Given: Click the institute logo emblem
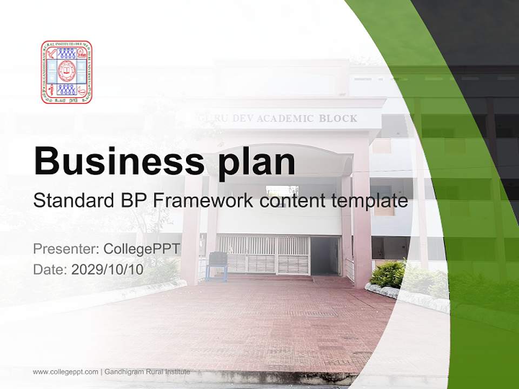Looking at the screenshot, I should pos(66,72).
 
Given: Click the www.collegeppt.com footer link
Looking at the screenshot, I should pos(65,372).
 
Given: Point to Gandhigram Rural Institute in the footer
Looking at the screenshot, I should pos(147,372).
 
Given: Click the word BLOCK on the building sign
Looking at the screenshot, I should pos(338,118).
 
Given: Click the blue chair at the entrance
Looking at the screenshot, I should pos(217,264).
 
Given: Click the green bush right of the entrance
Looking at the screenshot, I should pos(388,274).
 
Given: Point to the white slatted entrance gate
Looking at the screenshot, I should pos(263,254).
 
